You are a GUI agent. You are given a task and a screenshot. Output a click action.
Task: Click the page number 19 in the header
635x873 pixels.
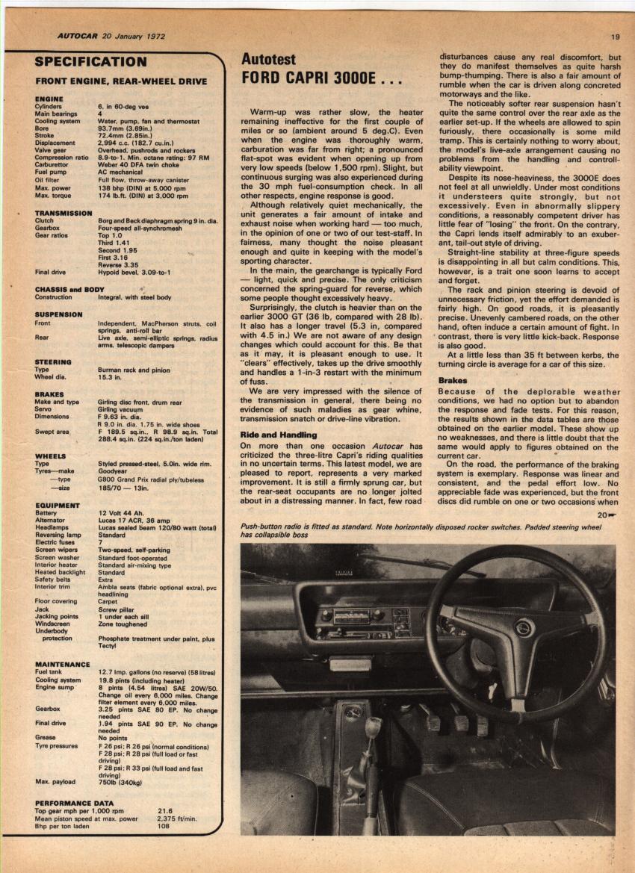pos(615,37)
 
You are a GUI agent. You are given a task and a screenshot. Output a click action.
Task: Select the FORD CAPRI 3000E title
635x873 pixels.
pos(321,78)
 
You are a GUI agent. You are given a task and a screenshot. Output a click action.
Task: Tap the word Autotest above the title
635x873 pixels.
pos(268,59)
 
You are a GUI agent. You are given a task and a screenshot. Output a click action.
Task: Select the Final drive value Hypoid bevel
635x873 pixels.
pos(134,273)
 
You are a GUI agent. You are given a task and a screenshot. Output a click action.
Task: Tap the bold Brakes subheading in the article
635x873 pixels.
pos(453,380)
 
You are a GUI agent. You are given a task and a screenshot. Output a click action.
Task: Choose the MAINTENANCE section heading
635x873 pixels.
pos(63,663)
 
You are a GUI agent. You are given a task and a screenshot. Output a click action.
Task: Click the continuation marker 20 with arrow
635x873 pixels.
pos(606,515)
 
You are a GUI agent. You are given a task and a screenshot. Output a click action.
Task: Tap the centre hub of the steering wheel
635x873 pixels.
pos(522,627)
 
